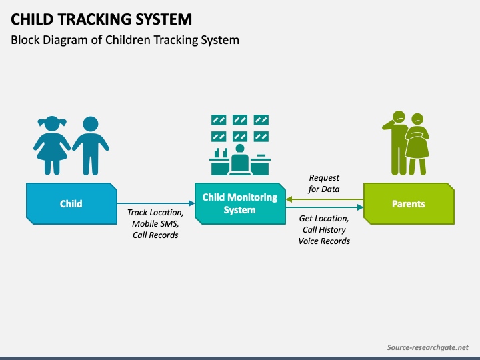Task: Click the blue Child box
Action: point(71,203)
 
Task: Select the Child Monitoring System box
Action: point(240,203)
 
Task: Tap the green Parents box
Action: point(409,203)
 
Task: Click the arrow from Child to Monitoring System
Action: point(156,203)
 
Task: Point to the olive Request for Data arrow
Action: point(325,199)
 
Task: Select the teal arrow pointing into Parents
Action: point(325,207)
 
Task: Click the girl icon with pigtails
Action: point(52,145)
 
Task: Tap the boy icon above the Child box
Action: point(91,146)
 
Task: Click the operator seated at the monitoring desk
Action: point(240,159)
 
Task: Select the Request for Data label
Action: point(324,183)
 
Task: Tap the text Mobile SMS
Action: point(155,224)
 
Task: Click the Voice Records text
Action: point(324,241)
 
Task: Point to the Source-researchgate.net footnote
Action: point(427,347)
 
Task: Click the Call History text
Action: point(324,229)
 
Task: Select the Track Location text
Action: point(155,213)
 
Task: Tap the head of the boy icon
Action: point(91,124)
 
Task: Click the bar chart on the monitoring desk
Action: point(221,153)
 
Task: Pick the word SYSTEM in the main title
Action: point(164,19)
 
